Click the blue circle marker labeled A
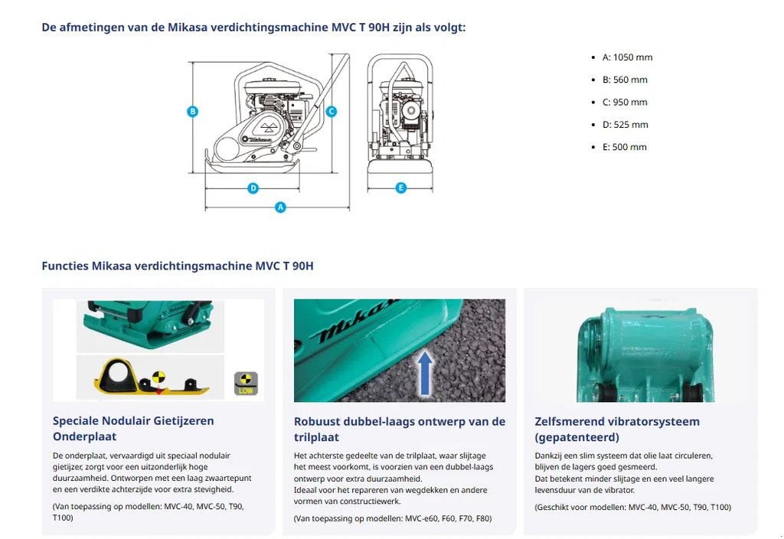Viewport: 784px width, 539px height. tap(280, 207)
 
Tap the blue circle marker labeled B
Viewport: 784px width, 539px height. tap(193, 111)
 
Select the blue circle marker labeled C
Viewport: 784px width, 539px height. tap(331, 111)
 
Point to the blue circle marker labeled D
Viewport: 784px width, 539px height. tap(253, 188)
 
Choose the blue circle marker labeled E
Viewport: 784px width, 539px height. tap(400, 188)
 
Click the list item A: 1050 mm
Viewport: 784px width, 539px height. tap(627, 57)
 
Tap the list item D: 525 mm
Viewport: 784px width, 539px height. tap(625, 125)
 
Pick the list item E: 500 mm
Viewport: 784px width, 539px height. tap(624, 147)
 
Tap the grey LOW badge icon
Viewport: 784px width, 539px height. tap(246, 383)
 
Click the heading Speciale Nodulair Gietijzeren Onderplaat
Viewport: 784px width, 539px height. tap(133, 428)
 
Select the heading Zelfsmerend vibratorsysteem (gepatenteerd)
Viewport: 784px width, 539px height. tap(617, 429)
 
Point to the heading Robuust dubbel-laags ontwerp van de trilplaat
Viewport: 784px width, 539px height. tap(400, 429)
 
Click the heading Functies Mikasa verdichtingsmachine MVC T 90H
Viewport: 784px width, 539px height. tap(178, 266)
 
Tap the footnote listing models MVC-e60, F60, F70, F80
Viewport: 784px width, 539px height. tap(393, 518)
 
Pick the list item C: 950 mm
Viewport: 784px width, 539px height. tap(625, 103)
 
